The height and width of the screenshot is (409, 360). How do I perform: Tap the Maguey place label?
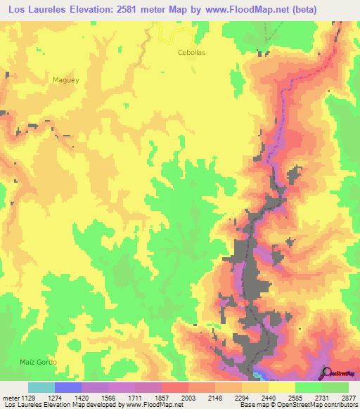point(66,80)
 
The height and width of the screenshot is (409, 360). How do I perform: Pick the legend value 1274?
point(54,398)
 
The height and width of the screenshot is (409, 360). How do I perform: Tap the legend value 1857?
point(162,398)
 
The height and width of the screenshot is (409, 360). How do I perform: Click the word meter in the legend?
point(8,398)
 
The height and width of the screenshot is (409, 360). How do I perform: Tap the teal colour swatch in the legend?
point(41,387)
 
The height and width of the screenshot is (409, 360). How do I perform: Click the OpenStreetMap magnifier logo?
point(326,373)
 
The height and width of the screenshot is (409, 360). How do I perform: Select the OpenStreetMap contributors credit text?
point(316,405)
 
